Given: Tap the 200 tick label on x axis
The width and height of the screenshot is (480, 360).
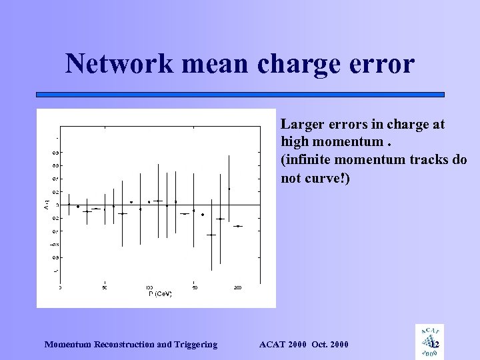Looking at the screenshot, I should (238, 288).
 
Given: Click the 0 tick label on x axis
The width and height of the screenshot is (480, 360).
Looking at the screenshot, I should (60, 288).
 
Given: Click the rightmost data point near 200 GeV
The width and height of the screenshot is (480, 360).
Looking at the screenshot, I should (238, 227).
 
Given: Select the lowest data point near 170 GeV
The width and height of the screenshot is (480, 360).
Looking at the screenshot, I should (211, 235).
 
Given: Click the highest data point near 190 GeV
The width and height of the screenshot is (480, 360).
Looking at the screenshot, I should (229, 189).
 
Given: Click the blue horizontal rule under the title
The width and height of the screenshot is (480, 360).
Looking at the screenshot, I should (240, 95).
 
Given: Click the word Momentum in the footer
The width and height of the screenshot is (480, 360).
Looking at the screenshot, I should (71, 344).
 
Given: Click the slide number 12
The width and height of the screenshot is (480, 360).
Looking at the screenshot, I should (435, 344).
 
